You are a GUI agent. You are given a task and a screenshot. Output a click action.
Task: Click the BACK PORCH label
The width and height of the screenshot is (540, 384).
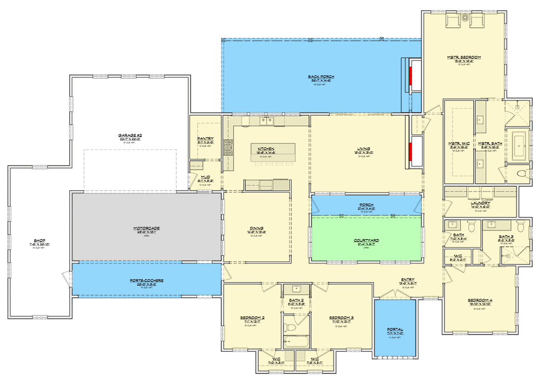(321, 77)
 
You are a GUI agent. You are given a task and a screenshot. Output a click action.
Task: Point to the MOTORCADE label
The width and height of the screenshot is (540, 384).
(147, 228)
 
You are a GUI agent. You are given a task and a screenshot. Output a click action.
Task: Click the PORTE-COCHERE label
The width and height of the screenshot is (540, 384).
(147, 281)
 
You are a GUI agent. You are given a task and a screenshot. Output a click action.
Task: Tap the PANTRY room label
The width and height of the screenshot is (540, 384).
(205, 139)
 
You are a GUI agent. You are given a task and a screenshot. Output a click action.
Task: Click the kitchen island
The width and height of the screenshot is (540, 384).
(272, 153)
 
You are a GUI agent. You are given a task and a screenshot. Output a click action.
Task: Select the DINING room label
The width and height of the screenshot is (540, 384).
(256, 228)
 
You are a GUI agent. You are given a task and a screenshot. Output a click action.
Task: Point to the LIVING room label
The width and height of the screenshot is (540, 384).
(362, 149)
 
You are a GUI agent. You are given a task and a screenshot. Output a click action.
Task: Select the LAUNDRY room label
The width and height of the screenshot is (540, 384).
(480, 204)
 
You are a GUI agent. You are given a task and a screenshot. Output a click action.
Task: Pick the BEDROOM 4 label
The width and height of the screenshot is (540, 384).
(479, 301)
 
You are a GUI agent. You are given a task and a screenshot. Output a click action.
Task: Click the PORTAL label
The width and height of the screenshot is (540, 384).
(394, 330)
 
